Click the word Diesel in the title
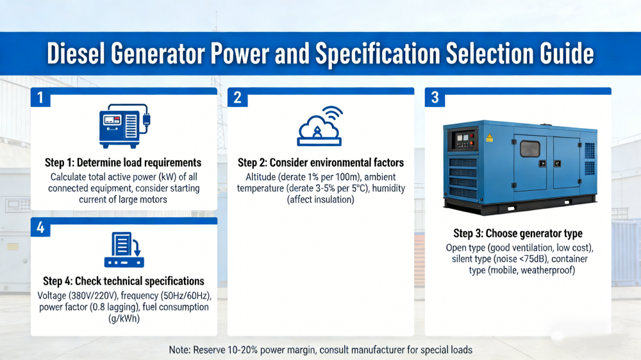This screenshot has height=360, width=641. [x=76, y=53]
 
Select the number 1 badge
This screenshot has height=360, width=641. [x=40, y=97]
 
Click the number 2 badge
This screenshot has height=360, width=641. [x=238, y=97]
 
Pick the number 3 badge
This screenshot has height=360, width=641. [x=435, y=97]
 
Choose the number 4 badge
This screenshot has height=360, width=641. [x=40, y=227]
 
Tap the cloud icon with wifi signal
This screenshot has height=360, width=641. [x=320, y=126]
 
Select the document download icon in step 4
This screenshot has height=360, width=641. [x=124, y=250]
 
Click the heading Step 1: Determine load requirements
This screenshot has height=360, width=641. [x=123, y=163]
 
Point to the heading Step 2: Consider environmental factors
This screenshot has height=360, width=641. [x=321, y=163]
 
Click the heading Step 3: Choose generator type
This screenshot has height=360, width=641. [x=518, y=233]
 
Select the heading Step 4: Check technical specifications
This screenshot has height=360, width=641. [x=124, y=281]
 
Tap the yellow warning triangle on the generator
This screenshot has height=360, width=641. [x=489, y=138]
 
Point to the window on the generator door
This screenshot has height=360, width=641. [x=530, y=149]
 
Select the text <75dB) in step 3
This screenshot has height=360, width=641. [x=531, y=259]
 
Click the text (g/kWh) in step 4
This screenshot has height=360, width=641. [x=124, y=318]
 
